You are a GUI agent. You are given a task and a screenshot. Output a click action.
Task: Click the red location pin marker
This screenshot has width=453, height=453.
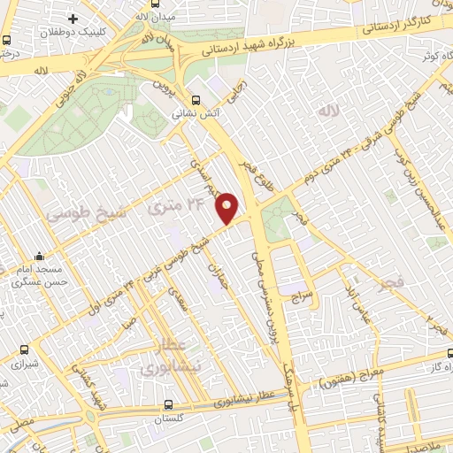click(228, 207)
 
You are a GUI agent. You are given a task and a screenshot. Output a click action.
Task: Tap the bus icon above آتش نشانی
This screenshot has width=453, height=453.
click(196, 100)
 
